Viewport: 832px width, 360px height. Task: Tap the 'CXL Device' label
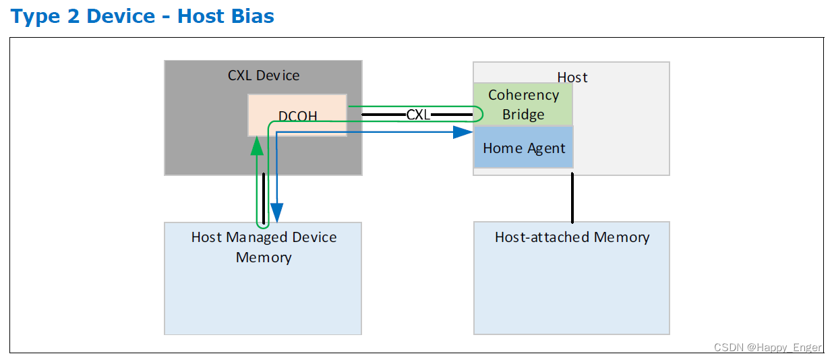264,76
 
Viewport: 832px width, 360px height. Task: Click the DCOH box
297,115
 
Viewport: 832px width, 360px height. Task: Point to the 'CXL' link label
418,115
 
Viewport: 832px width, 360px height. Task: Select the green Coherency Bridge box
523,104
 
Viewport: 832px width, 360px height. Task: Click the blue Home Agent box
524,147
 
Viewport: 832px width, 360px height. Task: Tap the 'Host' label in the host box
572,78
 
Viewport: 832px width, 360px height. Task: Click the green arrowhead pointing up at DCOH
257,146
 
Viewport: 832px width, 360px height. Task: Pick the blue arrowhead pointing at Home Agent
463,132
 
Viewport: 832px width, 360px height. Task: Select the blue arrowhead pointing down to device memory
276,213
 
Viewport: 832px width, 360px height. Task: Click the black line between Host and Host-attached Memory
572,198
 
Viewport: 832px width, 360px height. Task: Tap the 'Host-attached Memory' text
572,237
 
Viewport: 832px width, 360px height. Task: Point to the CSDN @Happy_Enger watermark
767,347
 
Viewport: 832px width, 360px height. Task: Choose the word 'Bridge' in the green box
523,115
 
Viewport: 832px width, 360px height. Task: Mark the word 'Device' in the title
121,16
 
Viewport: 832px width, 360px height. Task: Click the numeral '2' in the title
73,16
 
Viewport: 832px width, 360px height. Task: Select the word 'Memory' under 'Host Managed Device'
264,258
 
